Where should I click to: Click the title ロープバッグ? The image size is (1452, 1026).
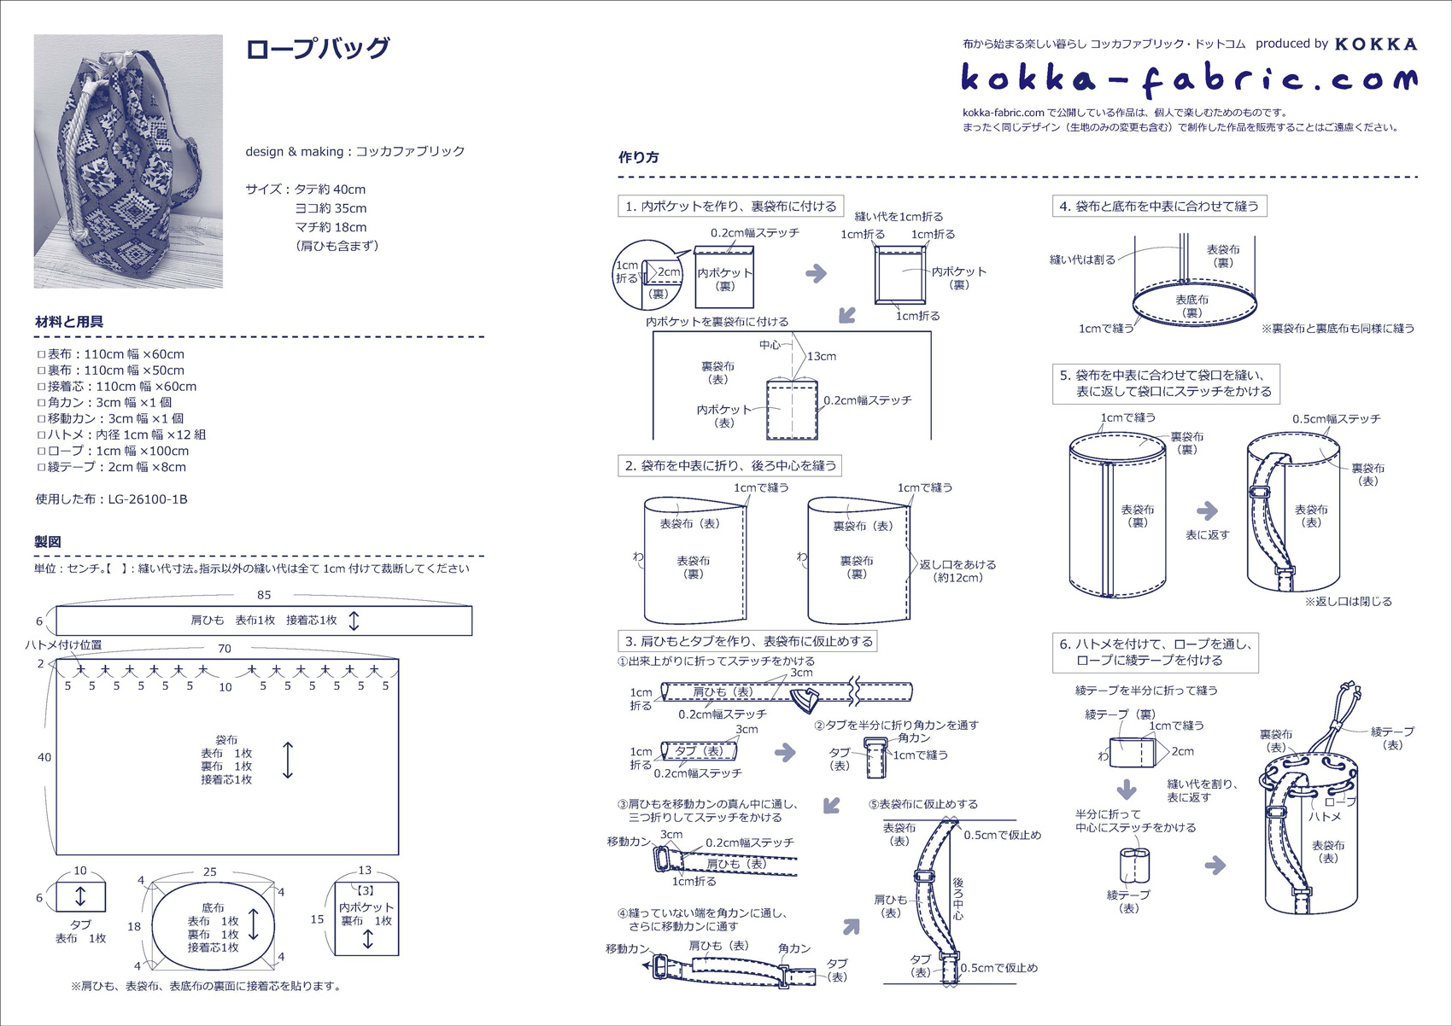click(x=317, y=49)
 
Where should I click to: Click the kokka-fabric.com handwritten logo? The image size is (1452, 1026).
click(x=1189, y=78)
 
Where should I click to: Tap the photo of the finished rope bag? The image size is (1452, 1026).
click(x=128, y=161)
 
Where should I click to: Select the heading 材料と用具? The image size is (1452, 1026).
click(x=69, y=322)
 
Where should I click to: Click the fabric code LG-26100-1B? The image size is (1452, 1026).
click(x=148, y=499)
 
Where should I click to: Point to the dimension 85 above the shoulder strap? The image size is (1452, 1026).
click(x=264, y=595)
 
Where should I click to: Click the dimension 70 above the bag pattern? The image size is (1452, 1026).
click(x=225, y=649)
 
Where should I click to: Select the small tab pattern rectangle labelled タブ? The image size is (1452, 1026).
click(x=80, y=896)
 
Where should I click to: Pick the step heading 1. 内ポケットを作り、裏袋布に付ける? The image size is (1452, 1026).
click(x=731, y=206)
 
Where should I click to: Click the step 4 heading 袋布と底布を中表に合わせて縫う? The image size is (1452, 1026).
click(x=1159, y=206)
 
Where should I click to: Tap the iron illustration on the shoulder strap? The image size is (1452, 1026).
click(x=804, y=701)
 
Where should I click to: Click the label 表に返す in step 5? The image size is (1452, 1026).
click(x=1207, y=535)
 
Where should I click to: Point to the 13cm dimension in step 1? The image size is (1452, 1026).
click(x=821, y=356)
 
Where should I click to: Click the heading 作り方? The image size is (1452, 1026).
click(x=638, y=157)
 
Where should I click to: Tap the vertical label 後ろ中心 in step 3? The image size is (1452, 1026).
click(x=957, y=898)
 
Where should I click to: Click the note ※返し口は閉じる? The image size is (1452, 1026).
click(x=1348, y=602)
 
